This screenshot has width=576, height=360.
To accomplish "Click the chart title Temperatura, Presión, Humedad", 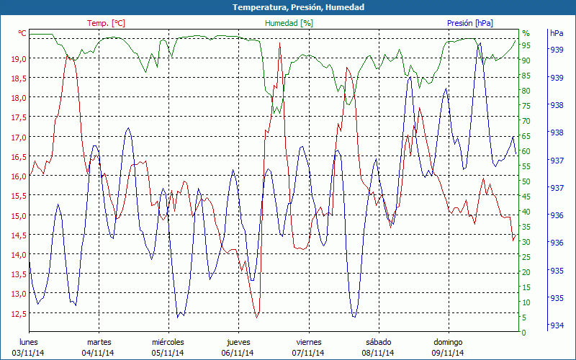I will [x=288, y=7].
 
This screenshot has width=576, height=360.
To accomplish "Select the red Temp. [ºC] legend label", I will [x=106, y=23].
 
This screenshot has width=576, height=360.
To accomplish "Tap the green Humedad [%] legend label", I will [x=289, y=23].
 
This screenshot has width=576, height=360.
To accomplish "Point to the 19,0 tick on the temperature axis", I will [x=19, y=59].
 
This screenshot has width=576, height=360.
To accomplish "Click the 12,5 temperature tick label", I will [x=19, y=314].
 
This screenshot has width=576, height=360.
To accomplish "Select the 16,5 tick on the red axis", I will [x=19, y=157].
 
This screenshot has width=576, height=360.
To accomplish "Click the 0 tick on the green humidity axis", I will [x=523, y=333].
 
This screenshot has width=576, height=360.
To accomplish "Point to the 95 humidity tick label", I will [x=526, y=45].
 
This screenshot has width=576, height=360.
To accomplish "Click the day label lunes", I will [x=29, y=342].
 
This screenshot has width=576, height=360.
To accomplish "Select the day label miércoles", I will [x=168, y=342].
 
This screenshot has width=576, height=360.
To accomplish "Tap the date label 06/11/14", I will [x=238, y=353].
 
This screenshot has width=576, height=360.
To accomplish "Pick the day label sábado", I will [x=379, y=342].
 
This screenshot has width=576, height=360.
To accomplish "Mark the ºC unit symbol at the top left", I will [x=22, y=33].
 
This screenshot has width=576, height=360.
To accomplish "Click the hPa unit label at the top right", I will [x=557, y=33].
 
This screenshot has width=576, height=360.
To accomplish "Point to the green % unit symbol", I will [x=526, y=33].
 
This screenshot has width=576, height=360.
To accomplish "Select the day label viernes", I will [x=308, y=342].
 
